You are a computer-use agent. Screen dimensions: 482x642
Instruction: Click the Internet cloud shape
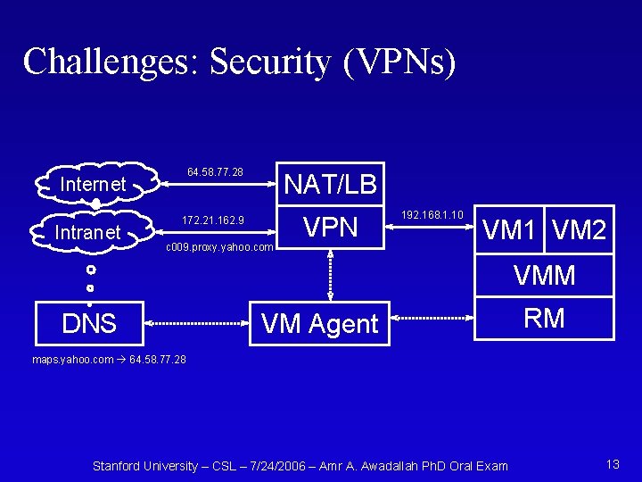click(92, 184)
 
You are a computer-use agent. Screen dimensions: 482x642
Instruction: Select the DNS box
click(89, 322)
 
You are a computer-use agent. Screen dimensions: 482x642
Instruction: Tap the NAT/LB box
click(330, 184)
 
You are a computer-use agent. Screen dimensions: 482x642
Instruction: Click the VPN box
click(330, 228)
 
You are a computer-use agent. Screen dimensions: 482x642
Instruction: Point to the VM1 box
click(512, 231)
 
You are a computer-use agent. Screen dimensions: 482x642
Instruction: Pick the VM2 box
click(579, 231)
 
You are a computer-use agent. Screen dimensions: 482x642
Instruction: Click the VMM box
click(544, 276)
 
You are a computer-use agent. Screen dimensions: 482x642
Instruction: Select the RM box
click(544, 319)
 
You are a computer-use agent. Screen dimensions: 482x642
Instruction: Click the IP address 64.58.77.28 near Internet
click(215, 170)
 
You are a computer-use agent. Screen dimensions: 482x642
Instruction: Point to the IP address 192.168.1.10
click(432, 215)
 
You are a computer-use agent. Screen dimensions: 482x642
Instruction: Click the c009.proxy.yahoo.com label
click(220, 246)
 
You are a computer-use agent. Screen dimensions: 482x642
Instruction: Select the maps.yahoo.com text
click(72, 360)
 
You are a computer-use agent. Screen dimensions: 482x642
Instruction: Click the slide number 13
click(612, 463)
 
